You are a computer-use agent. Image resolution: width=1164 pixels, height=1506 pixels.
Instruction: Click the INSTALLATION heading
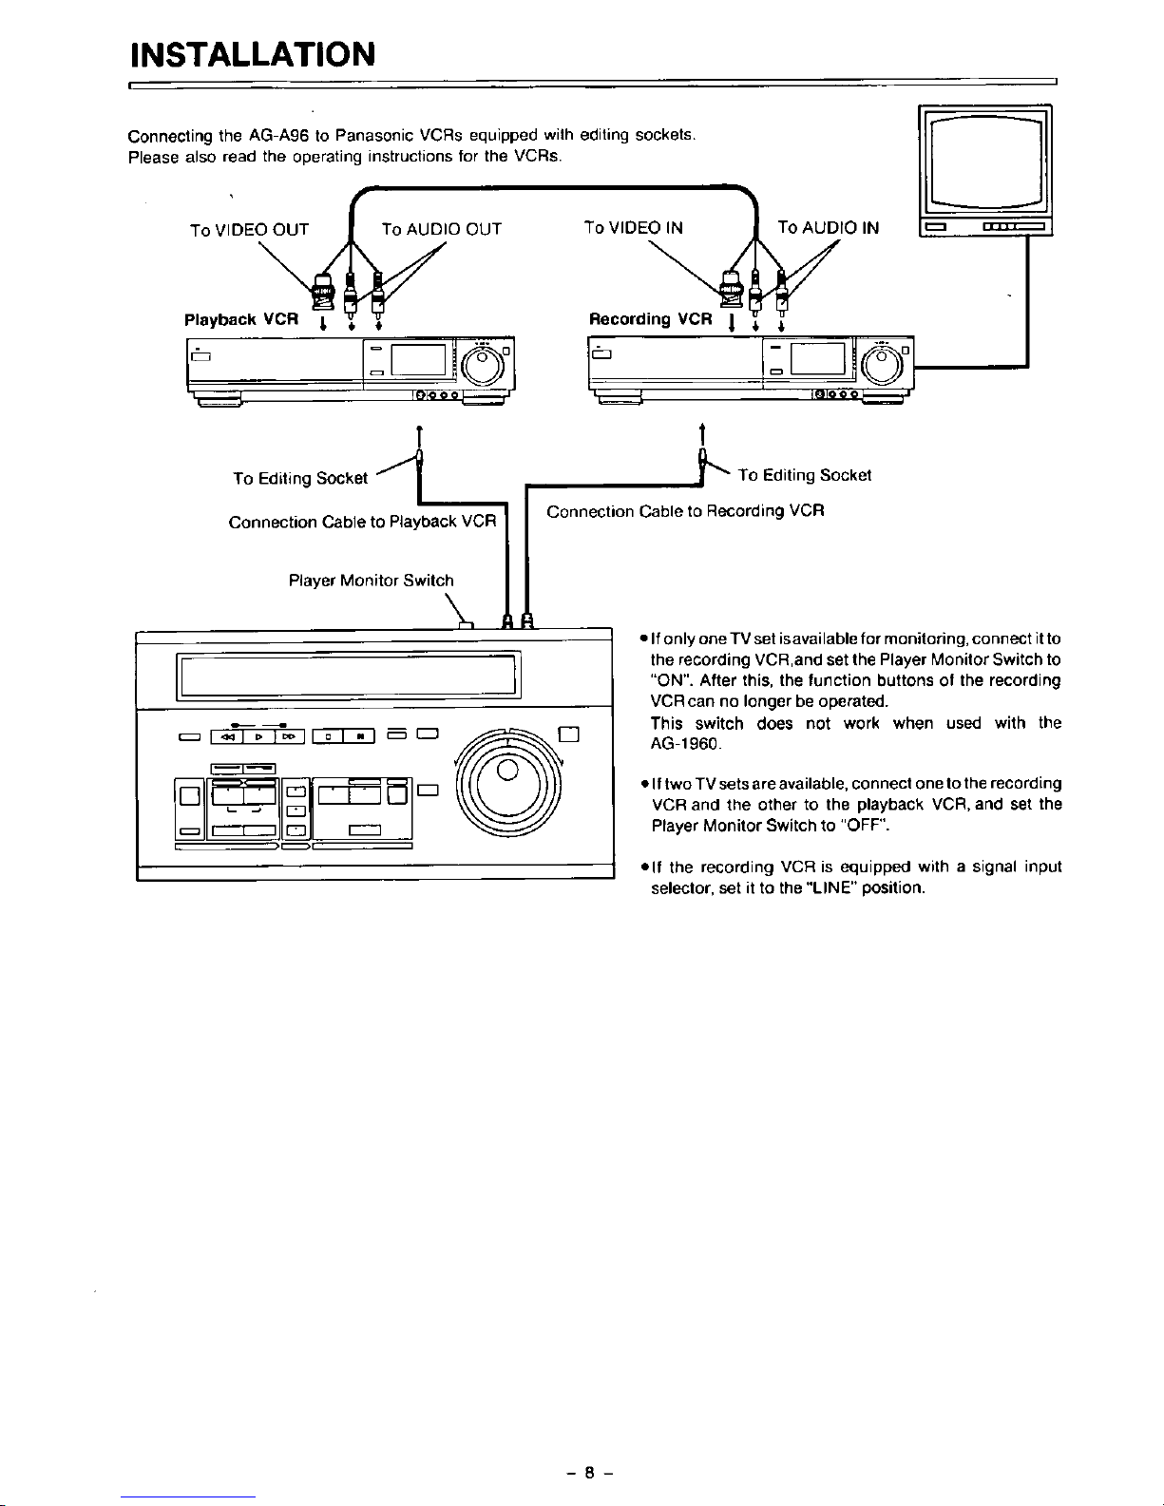253,53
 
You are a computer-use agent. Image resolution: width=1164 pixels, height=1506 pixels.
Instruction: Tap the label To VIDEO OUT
249,229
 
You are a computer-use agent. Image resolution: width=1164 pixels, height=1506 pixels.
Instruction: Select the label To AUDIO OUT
441,229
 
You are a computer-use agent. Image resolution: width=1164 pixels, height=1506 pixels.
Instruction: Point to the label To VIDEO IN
633,227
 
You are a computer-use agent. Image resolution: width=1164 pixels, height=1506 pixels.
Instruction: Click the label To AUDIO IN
828,227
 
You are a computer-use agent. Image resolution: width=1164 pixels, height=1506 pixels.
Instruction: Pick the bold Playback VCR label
241,319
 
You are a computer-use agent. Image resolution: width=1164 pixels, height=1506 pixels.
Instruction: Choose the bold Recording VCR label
650,319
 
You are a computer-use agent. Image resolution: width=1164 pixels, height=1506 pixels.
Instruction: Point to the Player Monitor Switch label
372,580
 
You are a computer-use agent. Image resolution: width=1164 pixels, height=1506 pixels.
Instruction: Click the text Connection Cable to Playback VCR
362,522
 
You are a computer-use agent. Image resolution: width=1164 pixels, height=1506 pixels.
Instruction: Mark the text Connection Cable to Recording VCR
685,511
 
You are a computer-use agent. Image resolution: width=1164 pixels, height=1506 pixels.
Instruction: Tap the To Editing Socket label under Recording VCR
804,475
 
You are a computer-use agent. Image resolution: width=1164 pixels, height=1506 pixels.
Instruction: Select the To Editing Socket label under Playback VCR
300,478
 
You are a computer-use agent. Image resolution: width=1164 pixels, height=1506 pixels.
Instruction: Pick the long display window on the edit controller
346,675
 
